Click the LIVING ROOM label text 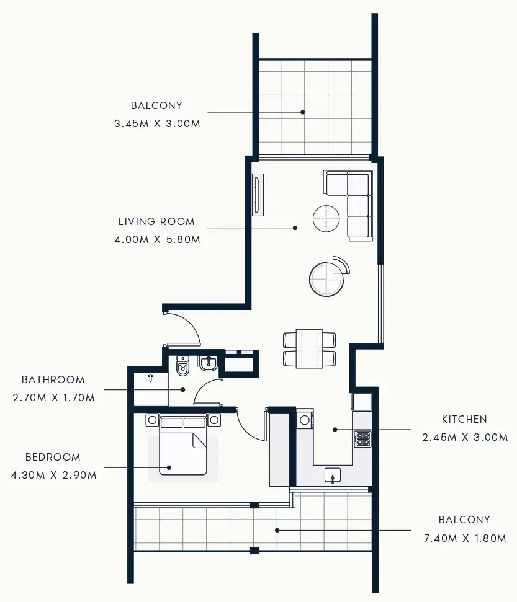pos(156,221)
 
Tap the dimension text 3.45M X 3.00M pos(157,123)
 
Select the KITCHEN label pos(464,419)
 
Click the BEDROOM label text pos(53,457)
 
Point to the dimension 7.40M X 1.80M pos(464,538)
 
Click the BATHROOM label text pos(53,379)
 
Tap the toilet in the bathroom pos(183,366)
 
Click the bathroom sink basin pos(208,363)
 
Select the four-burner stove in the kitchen pos(362,440)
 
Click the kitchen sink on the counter pos(334,476)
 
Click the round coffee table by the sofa pos(326,218)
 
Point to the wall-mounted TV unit pos(258,195)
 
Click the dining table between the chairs pos(309,348)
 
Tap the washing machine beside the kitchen pos(304,420)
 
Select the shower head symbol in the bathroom pos(150,376)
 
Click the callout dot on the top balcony pos(303,112)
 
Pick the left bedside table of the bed pos(152,420)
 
